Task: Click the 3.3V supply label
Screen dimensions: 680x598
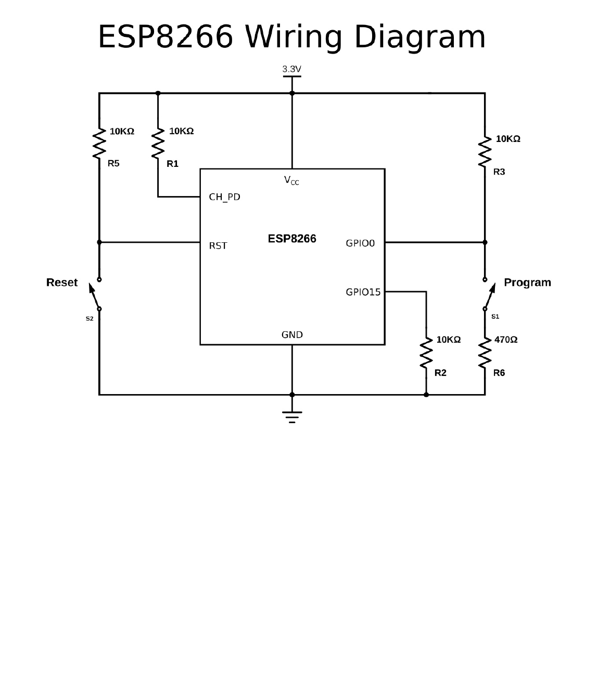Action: [x=291, y=69]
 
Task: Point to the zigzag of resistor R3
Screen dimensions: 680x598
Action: [x=485, y=152]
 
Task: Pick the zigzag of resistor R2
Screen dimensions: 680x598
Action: [x=426, y=352]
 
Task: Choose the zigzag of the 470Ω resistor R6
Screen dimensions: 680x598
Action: [x=485, y=352]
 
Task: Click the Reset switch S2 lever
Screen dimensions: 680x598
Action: [x=94, y=295]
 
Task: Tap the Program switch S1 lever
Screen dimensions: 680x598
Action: [x=489, y=295]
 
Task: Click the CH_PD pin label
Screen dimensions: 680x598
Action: [x=224, y=197]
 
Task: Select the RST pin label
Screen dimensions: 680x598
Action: [x=218, y=245]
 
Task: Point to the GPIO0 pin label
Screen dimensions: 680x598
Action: [x=360, y=243]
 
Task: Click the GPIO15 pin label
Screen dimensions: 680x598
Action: [x=363, y=292]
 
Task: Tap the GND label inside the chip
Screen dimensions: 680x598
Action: [x=292, y=335]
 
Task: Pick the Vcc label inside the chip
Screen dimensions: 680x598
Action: [x=291, y=180]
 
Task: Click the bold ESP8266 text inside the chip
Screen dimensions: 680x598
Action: [x=292, y=239]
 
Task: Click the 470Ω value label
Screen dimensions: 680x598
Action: [x=506, y=339]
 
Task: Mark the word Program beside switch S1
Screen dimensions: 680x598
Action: [x=527, y=282]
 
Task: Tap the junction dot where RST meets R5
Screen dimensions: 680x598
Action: [x=99, y=242]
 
